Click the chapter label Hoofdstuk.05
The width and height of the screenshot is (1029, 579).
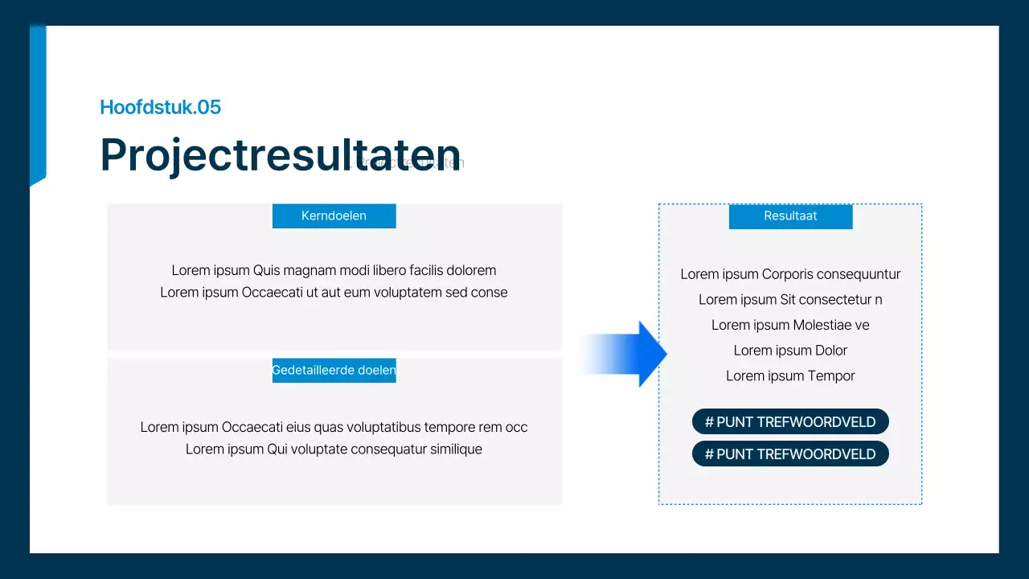coord(160,107)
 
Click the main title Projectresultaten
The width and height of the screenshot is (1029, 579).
coord(280,154)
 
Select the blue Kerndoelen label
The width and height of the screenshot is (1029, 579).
coord(334,216)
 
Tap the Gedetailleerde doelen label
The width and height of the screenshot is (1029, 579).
coord(334,370)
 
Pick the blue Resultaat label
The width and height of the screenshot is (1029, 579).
coord(790,216)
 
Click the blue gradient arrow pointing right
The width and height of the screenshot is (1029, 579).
coord(627,354)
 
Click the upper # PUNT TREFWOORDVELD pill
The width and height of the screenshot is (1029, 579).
coord(790,421)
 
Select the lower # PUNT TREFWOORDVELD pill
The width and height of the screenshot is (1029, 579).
coord(790,454)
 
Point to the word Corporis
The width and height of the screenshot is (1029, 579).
coord(787,274)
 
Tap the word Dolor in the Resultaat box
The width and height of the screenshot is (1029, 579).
coord(831,351)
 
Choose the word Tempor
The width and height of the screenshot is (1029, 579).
coord(831,376)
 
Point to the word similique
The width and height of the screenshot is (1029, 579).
coord(454,449)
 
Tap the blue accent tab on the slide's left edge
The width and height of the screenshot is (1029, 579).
coord(38,105)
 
